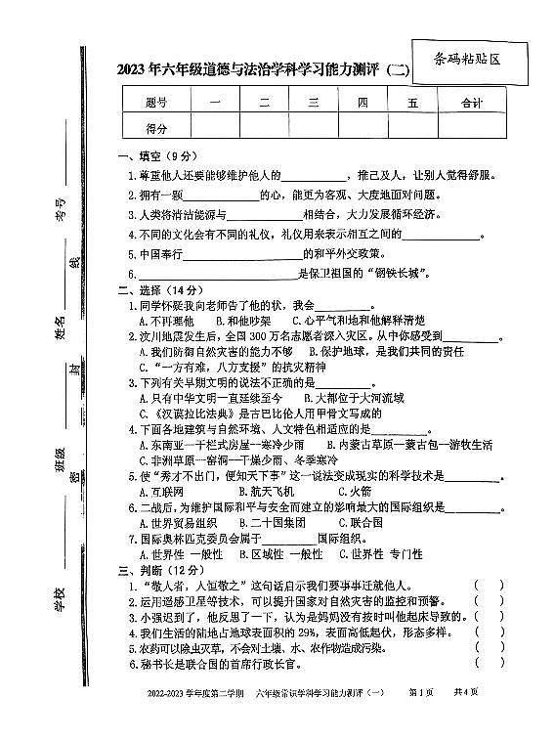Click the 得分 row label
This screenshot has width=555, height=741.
click(x=155, y=127)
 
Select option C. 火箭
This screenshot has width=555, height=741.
click(x=353, y=492)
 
